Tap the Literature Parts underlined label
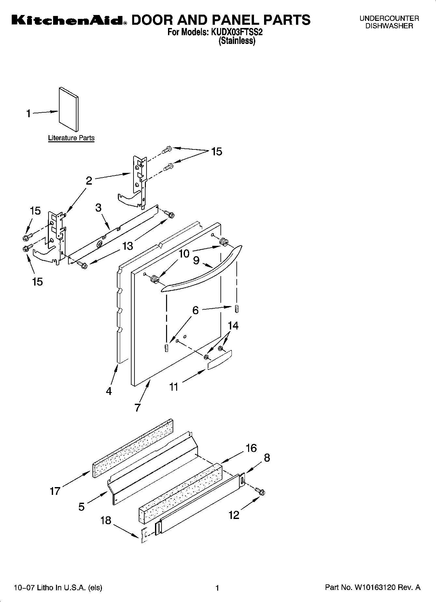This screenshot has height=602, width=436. coord(71,138)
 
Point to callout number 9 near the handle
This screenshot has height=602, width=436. coord(196,260)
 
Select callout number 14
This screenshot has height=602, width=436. coord(233,325)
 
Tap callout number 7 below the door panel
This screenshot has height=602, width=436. coord(137,407)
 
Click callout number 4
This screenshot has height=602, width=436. coord(109,391)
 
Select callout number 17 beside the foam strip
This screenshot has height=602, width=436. coord(55,491)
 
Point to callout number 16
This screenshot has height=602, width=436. coord(251,448)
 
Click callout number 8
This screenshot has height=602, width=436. coord(267,458)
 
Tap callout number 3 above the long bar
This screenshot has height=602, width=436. coord(98,207)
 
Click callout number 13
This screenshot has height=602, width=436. coord(127,246)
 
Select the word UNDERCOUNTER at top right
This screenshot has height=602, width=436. coord(389,19)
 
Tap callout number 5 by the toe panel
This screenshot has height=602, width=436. coord(81,506)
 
